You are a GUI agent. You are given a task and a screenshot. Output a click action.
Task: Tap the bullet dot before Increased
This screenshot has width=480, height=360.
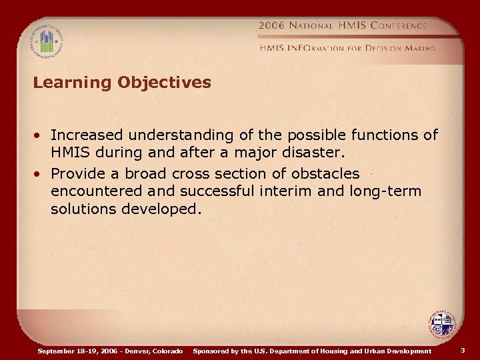coord(41,135)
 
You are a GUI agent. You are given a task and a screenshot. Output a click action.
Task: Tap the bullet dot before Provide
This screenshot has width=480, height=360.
coord(41,174)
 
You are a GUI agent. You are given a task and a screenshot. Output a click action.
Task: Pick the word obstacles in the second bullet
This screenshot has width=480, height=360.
coord(325,174)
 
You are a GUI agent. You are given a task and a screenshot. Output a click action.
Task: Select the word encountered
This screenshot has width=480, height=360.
coord(97,191)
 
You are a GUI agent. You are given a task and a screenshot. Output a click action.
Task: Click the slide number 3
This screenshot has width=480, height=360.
coord(463,350)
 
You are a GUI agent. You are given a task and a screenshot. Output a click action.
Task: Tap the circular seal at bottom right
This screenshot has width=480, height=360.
coord(441,326)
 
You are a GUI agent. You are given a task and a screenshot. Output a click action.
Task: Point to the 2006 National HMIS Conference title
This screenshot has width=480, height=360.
coord(343,25)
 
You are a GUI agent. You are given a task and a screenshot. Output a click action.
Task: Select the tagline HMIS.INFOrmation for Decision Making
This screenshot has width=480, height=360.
coord(347,48)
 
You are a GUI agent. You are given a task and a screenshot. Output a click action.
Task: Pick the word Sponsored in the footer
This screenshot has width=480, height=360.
coord(212,351)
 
